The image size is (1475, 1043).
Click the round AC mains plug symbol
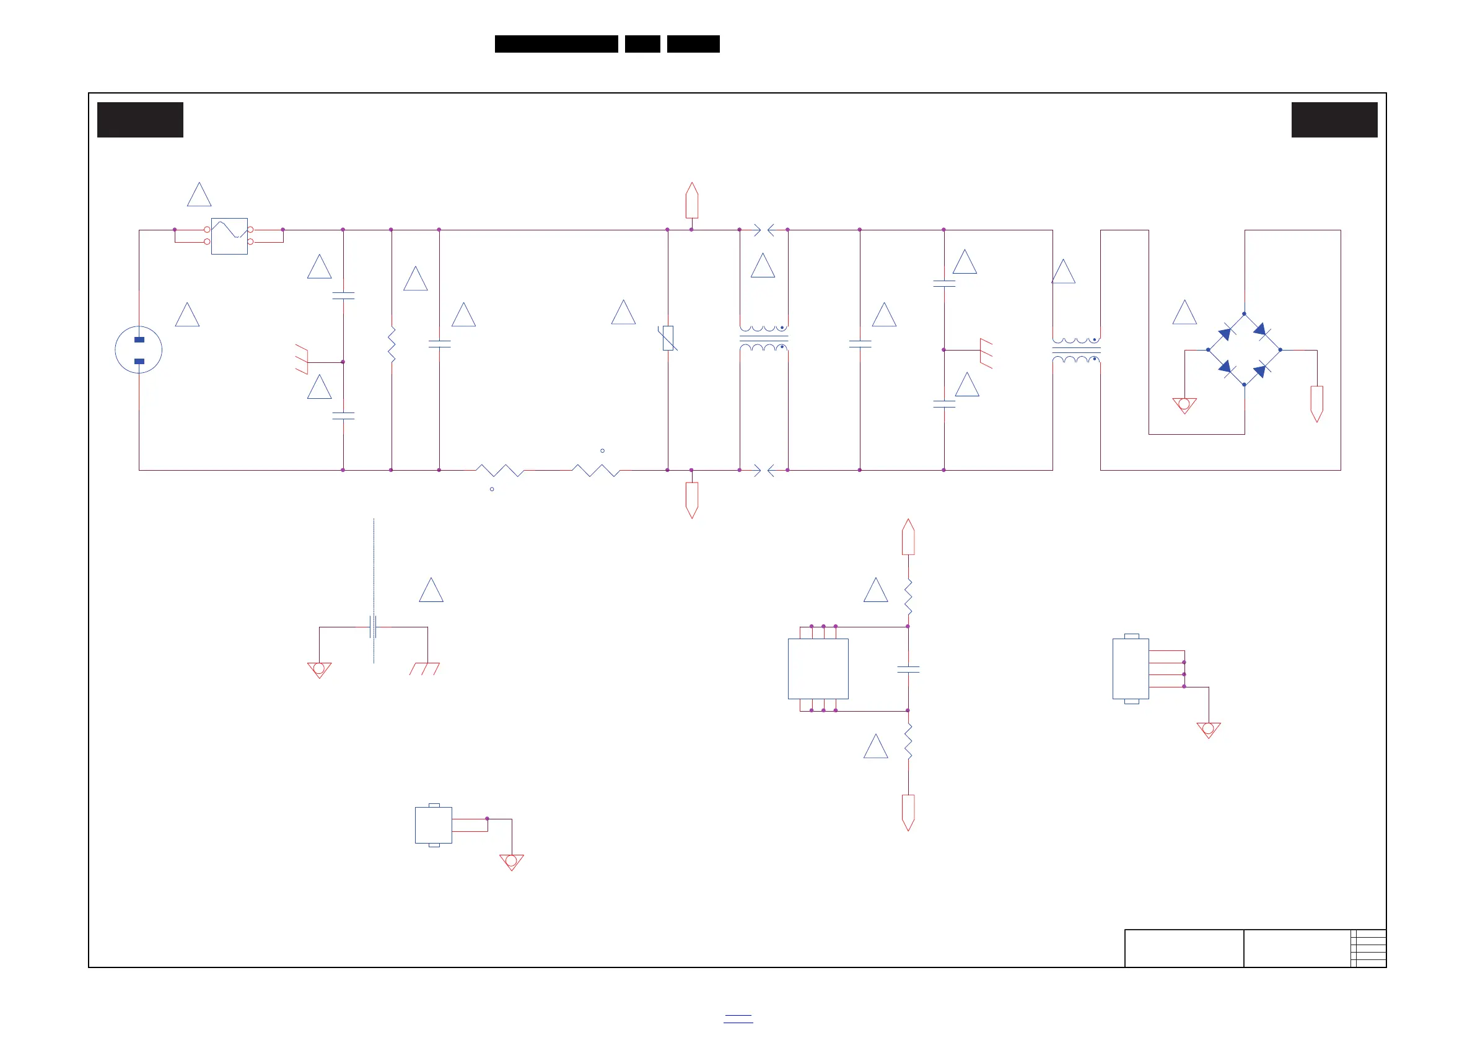(138, 350)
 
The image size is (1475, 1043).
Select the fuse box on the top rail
(229, 237)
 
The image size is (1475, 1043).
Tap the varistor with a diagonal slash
(668, 338)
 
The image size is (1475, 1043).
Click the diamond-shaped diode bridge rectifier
(1245, 350)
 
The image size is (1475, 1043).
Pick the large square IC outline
(818, 668)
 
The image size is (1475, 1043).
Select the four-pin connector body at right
(1131, 668)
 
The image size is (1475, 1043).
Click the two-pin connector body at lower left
(434, 825)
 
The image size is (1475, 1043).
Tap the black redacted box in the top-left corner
(140, 120)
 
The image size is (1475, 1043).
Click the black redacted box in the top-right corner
(1334, 120)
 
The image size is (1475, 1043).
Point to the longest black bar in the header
(556, 44)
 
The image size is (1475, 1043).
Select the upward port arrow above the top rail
(692, 201)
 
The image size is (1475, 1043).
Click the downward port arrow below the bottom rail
(692, 500)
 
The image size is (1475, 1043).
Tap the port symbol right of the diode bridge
(1317, 403)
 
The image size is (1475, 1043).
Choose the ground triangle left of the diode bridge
(1184, 405)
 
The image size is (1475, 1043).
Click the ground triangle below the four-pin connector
(1209, 730)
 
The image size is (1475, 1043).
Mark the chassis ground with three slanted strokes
(424, 668)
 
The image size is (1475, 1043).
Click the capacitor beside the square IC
(908, 669)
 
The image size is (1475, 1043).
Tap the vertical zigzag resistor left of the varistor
(392, 345)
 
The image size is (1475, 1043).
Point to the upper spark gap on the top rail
(764, 229)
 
